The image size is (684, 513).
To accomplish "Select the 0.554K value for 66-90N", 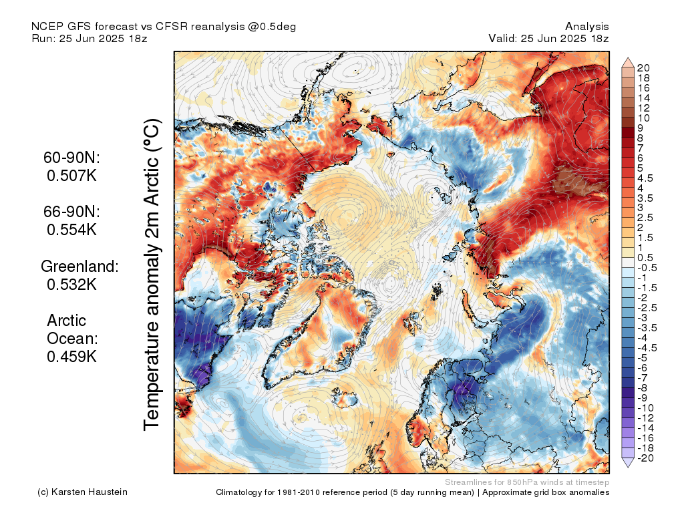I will (71, 229).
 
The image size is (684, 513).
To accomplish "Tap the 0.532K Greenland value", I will (71, 284).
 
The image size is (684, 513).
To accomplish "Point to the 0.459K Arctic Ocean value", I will (71, 357).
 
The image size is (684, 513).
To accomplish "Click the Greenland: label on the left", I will (79, 266).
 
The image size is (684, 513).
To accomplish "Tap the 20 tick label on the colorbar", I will (644, 67).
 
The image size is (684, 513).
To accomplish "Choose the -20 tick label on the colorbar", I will (645, 458).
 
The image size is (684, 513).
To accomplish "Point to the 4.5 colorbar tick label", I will (646, 178).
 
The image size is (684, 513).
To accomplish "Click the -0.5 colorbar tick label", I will (647, 268).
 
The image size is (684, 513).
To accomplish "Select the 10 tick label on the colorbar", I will (644, 118).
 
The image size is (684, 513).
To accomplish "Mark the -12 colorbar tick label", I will (645, 418).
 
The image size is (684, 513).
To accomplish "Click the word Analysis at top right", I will (586, 26).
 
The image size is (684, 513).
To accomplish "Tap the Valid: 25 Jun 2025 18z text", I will (548, 38).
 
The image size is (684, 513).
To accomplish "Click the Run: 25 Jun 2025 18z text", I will (90, 38).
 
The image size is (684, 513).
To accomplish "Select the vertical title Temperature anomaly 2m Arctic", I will (153, 274).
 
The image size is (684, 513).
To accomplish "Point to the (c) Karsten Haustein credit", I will (83, 492).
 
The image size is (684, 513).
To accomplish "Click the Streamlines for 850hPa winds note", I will (526, 482).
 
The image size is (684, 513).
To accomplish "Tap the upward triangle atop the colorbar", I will (628, 62).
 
